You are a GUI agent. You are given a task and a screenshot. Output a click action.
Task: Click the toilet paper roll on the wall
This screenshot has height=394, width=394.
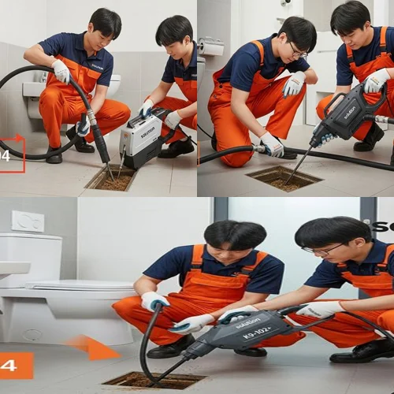click(211, 47)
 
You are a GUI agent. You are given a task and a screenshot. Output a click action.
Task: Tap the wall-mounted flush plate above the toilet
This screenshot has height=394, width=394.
click(28, 221)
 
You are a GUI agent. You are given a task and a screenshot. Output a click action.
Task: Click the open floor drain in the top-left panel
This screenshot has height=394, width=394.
click(111, 179)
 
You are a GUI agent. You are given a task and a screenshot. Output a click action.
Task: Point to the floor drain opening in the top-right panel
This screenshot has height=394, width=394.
click(284, 178)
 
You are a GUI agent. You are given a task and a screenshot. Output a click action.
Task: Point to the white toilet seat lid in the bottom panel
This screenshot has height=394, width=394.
click(79, 285)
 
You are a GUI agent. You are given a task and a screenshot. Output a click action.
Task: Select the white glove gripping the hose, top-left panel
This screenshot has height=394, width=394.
click(61, 71)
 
